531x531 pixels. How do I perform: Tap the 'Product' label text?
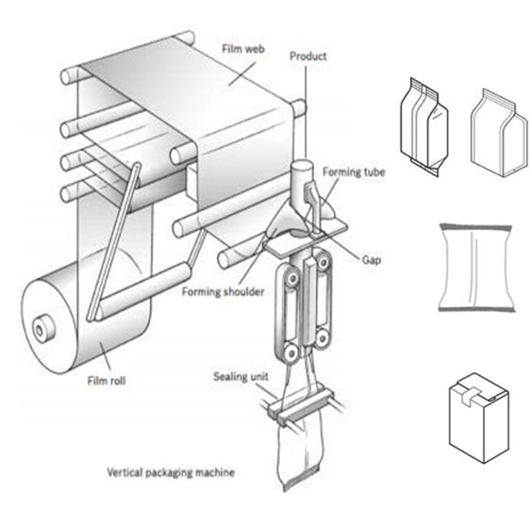pos(308,56)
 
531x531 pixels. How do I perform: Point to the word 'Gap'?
pos(371,260)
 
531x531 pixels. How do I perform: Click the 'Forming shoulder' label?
pos(223,292)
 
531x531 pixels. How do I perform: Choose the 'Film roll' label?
pos(107,380)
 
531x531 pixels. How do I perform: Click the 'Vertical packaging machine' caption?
pos(170,473)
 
